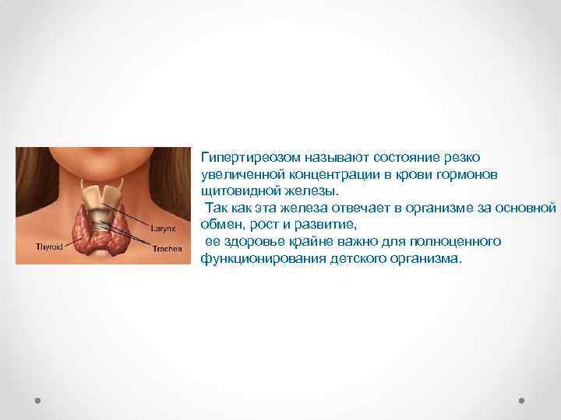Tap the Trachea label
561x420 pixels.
click(x=166, y=249)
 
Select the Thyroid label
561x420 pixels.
click(x=50, y=246)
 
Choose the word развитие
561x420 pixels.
click(x=326, y=225)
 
